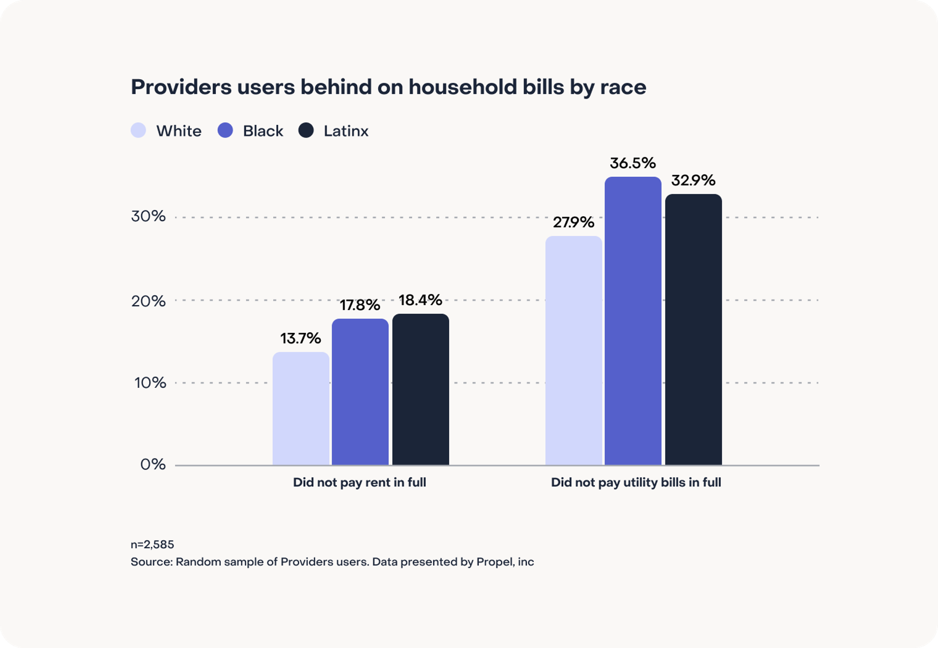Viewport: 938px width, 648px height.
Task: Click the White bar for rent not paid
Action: tap(301, 408)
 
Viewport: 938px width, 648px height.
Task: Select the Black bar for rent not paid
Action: tap(360, 392)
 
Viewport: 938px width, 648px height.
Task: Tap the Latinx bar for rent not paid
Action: tap(421, 389)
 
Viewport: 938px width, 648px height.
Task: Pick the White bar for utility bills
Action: tap(574, 350)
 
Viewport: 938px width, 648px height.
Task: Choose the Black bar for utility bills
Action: tap(633, 321)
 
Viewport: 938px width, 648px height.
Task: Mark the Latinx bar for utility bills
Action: tap(693, 329)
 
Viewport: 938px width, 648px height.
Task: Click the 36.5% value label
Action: tap(633, 163)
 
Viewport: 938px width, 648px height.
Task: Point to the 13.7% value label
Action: tap(301, 338)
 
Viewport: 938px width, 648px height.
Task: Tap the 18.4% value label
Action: tap(420, 300)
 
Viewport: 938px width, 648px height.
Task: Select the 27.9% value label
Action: tap(573, 222)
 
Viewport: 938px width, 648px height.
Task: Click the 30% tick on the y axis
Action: tap(148, 216)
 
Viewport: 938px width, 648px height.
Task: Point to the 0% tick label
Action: tap(153, 464)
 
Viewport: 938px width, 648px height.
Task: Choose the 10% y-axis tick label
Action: tap(150, 383)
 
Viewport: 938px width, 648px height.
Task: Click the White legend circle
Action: tap(138, 130)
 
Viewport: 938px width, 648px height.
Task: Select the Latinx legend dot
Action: tap(306, 130)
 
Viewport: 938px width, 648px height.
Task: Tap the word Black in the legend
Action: tap(263, 131)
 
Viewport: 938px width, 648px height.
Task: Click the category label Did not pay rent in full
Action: tap(359, 482)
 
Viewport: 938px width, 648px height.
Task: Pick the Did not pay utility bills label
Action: tap(635, 482)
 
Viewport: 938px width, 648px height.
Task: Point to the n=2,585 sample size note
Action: tap(152, 544)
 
